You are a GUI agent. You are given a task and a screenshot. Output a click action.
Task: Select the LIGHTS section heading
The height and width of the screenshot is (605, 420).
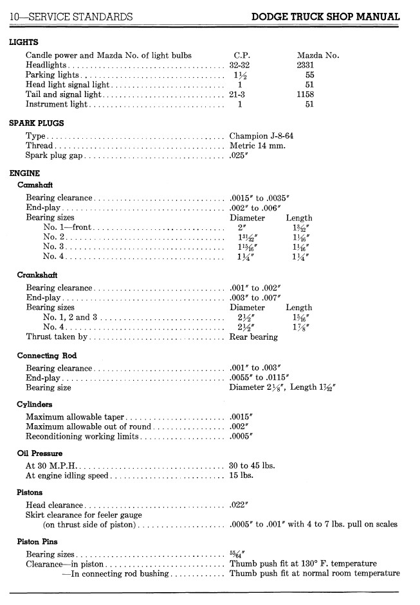(x=24, y=42)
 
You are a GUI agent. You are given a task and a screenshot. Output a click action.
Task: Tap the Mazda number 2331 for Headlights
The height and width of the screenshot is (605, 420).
(x=306, y=65)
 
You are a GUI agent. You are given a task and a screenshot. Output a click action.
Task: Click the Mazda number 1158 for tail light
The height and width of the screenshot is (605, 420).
(x=306, y=94)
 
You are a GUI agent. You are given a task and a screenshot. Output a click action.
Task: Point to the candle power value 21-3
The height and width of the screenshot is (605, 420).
(x=237, y=94)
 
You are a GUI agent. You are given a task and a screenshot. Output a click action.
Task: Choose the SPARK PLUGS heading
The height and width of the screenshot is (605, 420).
(x=36, y=123)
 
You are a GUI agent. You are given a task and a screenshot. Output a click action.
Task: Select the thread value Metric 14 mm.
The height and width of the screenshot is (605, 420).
(x=257, y=145)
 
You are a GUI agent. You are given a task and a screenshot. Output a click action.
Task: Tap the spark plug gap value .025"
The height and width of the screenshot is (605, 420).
(x=239, y=155)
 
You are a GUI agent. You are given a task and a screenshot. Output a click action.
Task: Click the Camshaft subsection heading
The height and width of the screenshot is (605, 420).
(x=35, y=184)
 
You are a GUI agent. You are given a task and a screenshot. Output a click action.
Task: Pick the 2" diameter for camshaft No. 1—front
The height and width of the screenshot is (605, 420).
(x=242, y=227)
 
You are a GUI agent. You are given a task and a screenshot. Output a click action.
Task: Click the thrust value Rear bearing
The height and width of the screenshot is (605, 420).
(x=253, y=337)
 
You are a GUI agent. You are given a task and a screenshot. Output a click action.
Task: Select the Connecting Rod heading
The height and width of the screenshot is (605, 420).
(x=47, y=355)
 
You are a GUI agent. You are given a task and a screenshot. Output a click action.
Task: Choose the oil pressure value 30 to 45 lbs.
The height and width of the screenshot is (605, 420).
(x=252, y=466)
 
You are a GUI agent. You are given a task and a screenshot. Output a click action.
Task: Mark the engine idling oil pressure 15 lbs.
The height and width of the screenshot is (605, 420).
(x=241, y=476)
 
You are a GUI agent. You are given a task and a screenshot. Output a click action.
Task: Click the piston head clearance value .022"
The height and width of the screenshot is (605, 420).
(x=239, y=505)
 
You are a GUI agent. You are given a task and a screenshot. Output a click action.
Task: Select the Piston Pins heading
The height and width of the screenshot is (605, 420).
(x=38, y=541)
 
